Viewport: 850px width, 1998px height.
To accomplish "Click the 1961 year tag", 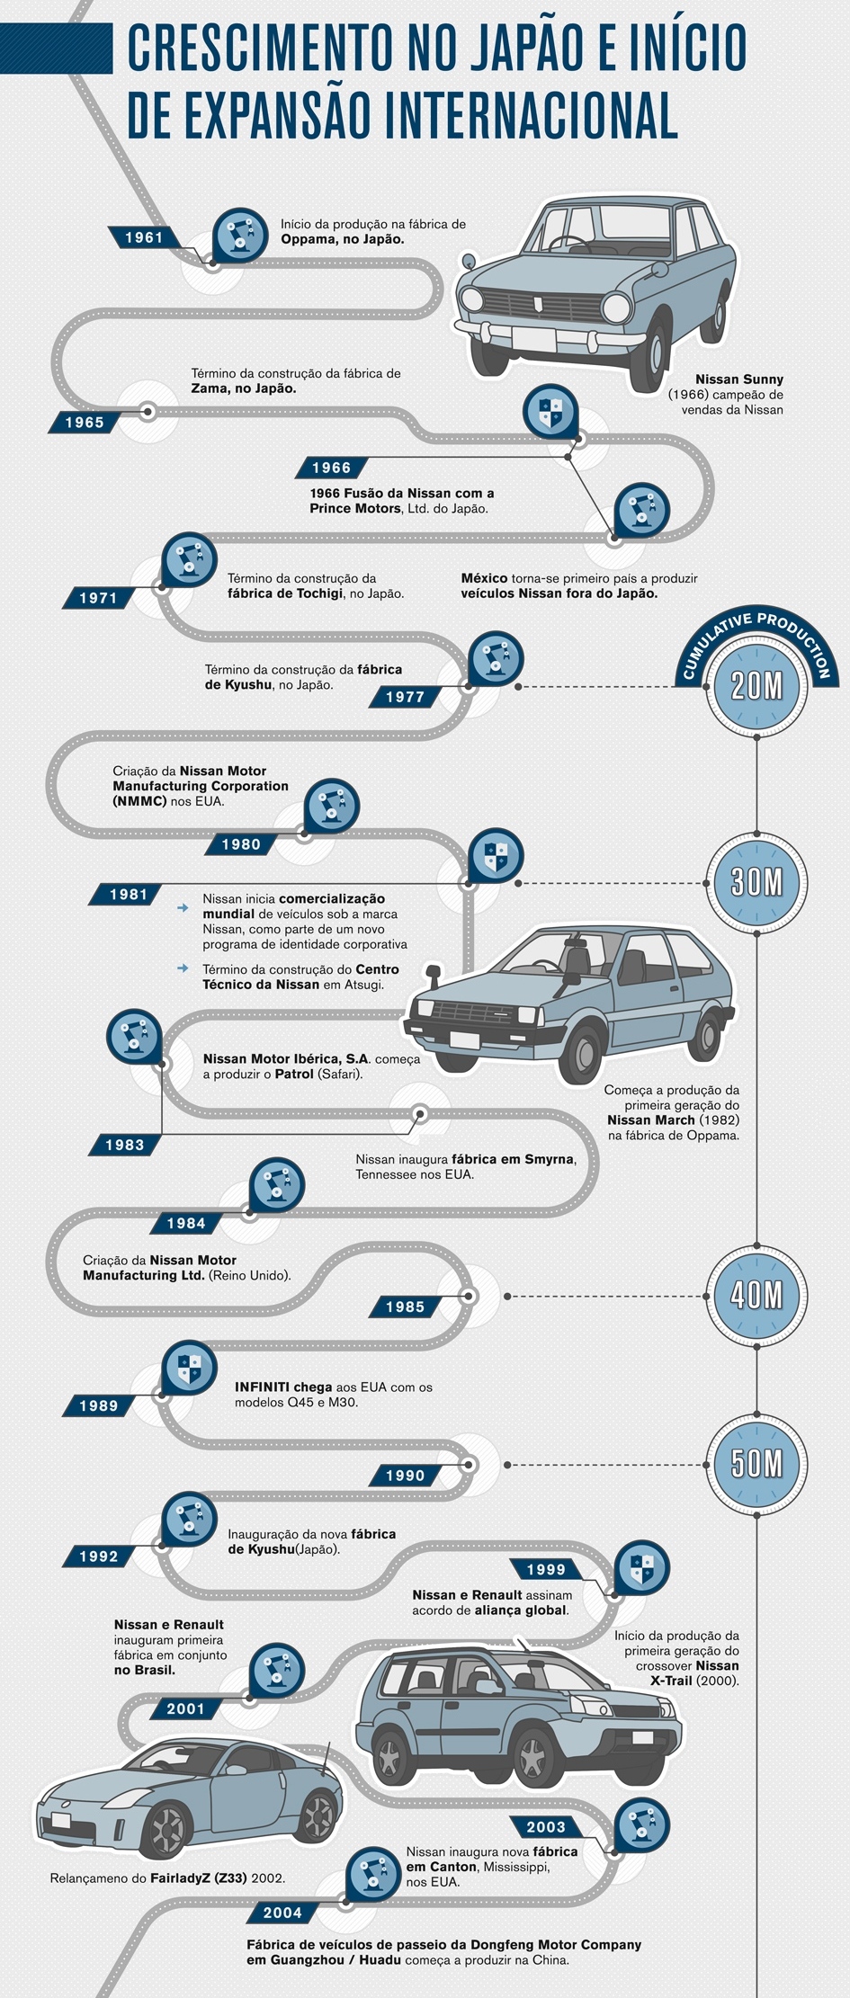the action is point(144,237).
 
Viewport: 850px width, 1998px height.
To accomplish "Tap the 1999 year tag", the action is point(546,1569).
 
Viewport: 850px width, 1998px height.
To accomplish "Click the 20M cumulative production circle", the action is point(757,687).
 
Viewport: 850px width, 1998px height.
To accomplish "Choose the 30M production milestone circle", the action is point(757,883).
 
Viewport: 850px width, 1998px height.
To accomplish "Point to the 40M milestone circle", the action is point(757,1296).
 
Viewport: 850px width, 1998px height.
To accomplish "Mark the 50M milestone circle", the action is point(757,1465).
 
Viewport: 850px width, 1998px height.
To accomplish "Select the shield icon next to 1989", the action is point(189,1368).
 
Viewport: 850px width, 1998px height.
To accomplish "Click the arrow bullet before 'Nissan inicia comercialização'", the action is point(183,908).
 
